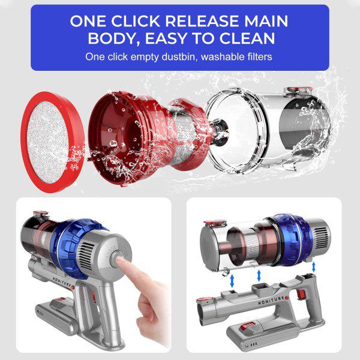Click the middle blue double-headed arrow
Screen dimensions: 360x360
[x=259, y=274]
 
